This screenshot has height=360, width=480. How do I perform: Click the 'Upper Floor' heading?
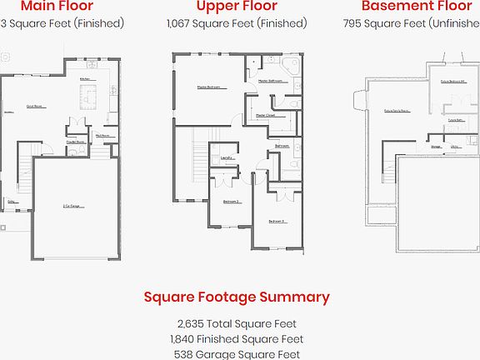(236, 7)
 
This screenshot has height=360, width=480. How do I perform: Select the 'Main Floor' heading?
(57, 7)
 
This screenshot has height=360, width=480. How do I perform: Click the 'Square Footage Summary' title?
(237, 297)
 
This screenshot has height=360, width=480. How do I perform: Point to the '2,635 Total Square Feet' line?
(237, 323)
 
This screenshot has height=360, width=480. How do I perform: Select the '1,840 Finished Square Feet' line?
(237, 339)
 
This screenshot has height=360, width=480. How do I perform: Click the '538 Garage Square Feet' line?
(237, 354)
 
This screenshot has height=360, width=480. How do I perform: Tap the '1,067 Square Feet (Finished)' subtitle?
(236, 23)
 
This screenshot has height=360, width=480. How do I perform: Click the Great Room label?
(34, 107)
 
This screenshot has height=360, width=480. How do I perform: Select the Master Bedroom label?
(208, 87)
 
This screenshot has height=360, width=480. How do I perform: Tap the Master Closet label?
(265, 115)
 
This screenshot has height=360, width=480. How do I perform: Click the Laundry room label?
(226, 157)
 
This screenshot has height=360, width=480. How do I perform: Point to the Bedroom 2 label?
(231, 202)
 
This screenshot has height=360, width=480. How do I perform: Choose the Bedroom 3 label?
(277, 221)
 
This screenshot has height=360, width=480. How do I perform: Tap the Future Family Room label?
(394, 110)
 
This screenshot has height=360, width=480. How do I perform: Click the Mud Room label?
(103, 134)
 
